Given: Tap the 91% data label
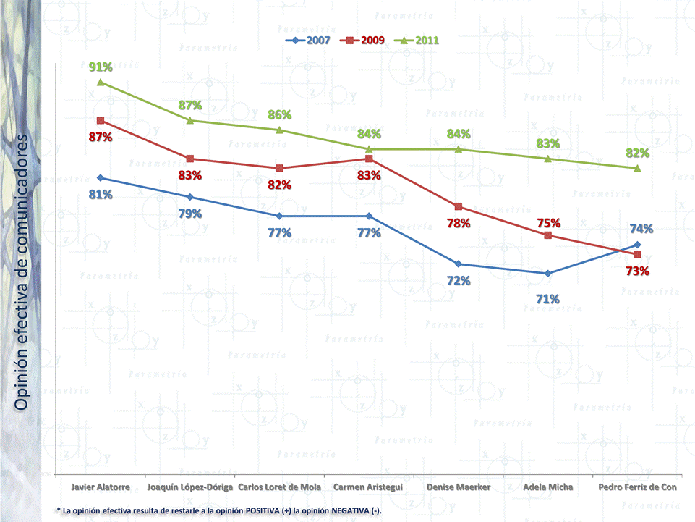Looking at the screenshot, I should pyautogui.click(x=101, y=67).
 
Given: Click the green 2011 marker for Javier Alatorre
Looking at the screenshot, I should pyautogui.click(x=101, y=83).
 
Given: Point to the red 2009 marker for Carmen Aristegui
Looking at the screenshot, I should pyautogui.click(x=369, y=159).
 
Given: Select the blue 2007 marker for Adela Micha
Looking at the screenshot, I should pyautogui.click(x=548, y=274).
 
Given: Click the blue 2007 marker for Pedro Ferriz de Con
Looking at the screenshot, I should pyautogui.click(x=637, y=245).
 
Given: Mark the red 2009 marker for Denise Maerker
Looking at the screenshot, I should pyautogui.click(x=459, y=206).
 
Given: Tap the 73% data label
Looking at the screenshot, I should pyautogui.click(x=637, y=271).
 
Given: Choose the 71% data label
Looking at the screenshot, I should pyautogui.click(x=547, y=298).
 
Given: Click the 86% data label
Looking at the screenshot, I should pyautogui.click(x=279, y=115).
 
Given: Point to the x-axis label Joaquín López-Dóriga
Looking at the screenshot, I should pyautogui.click(x=190, y=487).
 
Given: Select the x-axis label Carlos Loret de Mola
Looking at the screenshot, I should pyautogui.click(x=279, y=487).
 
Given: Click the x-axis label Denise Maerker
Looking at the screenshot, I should pyautogui.click(x=459, y=487).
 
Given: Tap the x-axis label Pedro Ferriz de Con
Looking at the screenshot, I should pyautogui.click(x=637, y=487).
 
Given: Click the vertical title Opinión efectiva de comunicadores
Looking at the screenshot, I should pyautogui.click(x=23, y=271).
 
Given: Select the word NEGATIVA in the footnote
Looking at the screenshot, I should pyautogui.click(x=344, y=511).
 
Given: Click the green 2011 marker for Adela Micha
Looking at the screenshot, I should pyautogui.click(x=548, y=159).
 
